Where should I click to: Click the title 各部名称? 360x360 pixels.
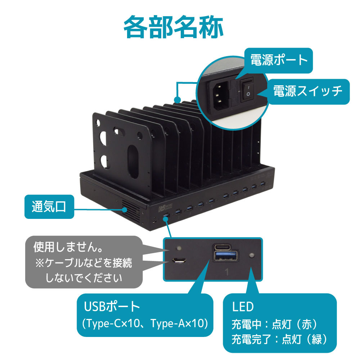tap(174, 27)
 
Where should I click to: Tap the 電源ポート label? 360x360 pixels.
tap(279, 60)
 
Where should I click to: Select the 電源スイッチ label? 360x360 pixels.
tap(308, 91)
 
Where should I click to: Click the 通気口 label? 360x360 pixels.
tap(49, 207)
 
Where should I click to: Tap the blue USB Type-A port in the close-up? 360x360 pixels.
tap(225, 256)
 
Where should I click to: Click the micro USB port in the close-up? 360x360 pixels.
tap(179, 260)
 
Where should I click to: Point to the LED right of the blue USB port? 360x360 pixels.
tap(252, 256)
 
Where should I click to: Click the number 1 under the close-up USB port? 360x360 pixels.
tap(227, 272)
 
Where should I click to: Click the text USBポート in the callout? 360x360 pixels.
tap(112, 306)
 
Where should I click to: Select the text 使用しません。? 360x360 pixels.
tap(68, 247)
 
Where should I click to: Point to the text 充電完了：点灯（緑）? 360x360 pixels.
tap(279, 339)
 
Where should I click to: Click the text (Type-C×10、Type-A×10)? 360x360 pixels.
tap(145, 323)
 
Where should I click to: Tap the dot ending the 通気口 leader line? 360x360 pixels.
tap(125, 210)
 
